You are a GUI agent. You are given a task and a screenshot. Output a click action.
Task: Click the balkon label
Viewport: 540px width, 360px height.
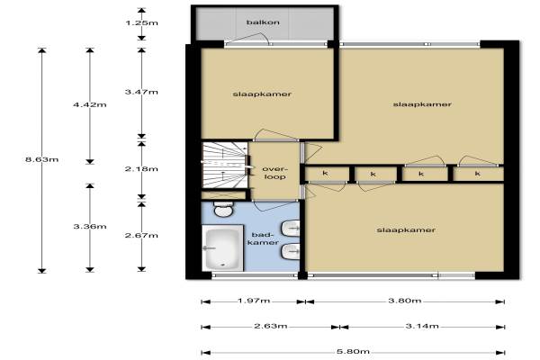click(263, 22)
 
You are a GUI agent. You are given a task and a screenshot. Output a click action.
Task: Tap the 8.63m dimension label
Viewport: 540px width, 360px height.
click(41, 159)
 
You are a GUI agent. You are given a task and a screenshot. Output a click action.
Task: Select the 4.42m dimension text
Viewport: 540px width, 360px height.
click(89, 104)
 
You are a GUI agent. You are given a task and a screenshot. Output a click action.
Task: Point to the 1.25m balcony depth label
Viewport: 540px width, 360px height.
click(141, 23)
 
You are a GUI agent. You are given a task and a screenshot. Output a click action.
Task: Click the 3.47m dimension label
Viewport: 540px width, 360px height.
click(141, 92)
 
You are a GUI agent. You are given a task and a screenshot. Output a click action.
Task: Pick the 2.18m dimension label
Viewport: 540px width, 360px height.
click(141, 169)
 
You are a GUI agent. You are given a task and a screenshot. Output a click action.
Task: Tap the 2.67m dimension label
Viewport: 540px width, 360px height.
click(141, 235)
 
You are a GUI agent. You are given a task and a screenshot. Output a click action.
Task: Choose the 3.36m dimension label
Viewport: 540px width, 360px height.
click(89, 226)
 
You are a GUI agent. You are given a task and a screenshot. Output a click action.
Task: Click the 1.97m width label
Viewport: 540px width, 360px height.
click(254, 301)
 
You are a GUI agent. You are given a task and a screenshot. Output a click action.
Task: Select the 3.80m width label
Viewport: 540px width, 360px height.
click(405, 301)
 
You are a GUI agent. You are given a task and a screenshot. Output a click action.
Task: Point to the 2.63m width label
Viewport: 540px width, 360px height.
click(271, 326)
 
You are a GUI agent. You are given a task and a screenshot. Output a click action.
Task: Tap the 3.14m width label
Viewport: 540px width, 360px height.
click(422, 326)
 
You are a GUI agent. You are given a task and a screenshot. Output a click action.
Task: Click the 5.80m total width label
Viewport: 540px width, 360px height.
click(353, 352)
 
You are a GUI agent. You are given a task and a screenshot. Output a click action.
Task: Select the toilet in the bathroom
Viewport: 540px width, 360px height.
click(223, 209)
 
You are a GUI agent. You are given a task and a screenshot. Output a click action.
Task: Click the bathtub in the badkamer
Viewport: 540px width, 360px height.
click(223, 247)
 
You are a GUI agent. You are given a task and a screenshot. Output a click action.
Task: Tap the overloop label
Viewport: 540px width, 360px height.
click(274, 173)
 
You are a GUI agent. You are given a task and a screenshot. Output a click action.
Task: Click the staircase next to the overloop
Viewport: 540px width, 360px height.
click(224, 165)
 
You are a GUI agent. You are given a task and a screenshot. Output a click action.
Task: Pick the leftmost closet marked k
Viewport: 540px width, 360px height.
click(326, 174)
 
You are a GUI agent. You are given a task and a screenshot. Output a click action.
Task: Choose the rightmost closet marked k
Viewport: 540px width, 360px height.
click(478, 174)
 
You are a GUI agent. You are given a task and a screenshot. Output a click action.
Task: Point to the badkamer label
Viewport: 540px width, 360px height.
click(263, 238)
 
